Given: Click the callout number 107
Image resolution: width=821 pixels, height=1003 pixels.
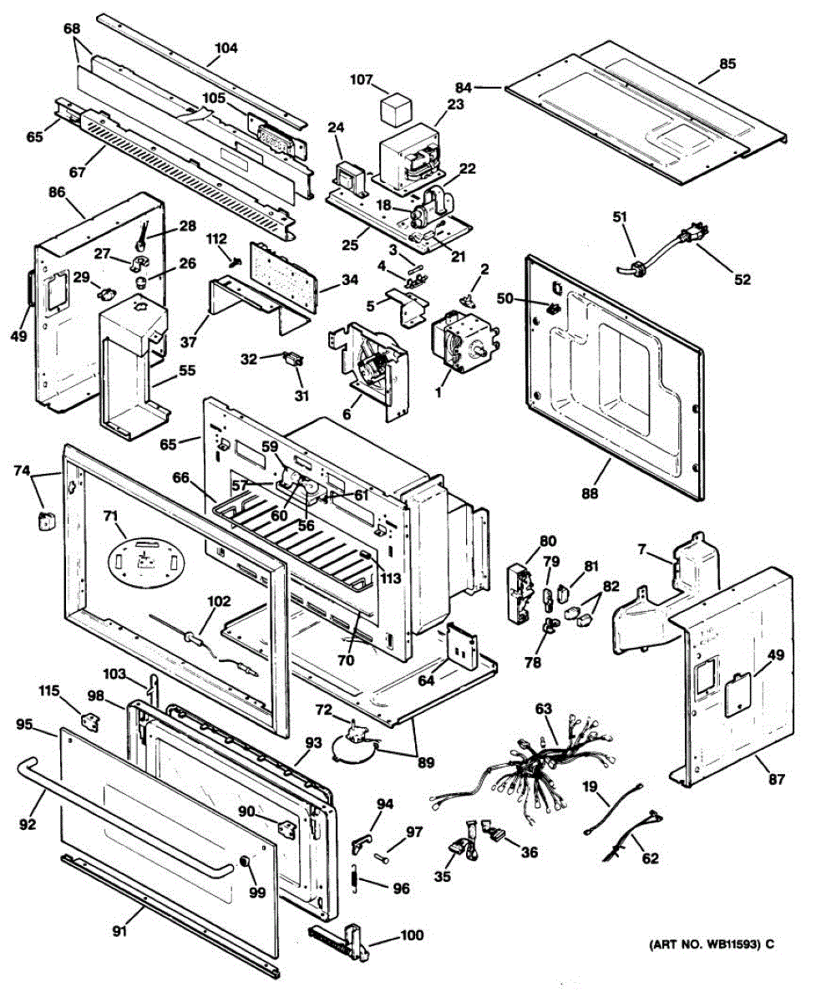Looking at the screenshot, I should click(361, 81).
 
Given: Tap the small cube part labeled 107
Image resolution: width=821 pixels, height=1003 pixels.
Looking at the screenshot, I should click(395, 109).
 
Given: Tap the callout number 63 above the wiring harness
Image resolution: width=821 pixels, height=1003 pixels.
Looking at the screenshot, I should click(544, 710).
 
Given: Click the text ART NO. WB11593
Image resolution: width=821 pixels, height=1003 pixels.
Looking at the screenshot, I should click(706, 944).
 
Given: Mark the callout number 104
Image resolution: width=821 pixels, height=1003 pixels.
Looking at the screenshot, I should click(226, 48).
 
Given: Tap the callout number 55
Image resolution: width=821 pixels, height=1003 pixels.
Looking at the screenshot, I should click(186, 369).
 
